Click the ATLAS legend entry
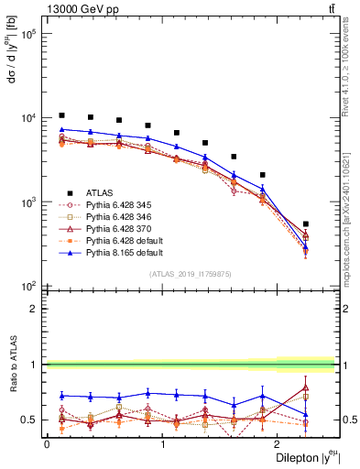pos(101,192)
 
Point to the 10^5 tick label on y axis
pos(28,34)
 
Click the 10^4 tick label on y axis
pos(28,117)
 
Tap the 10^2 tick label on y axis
pos(28,286)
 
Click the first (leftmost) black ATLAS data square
pos(61,115)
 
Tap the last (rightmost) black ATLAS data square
pos(332,224)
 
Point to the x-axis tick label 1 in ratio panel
pos(163,443)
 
